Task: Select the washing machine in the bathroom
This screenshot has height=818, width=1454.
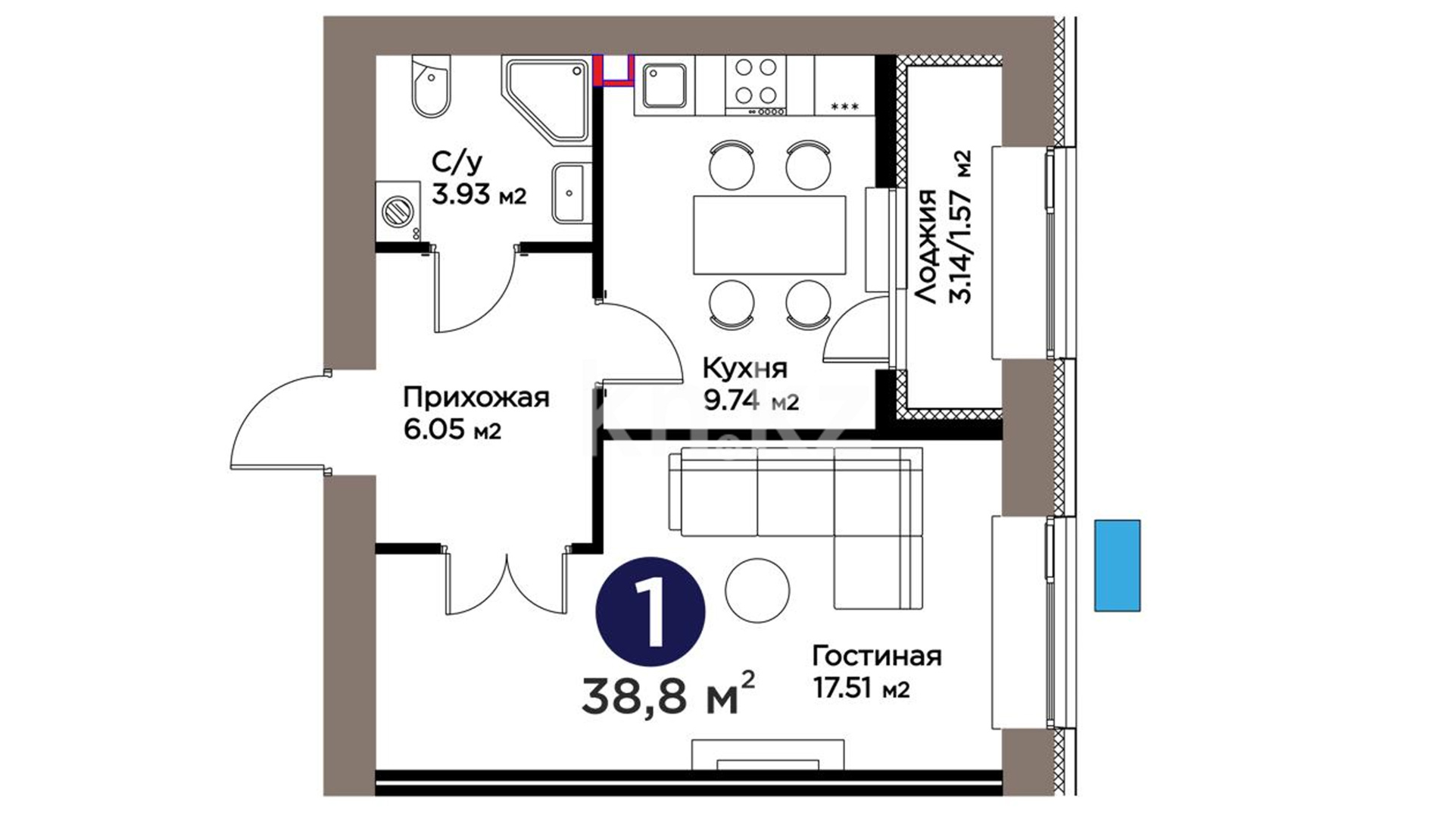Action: point(398,211)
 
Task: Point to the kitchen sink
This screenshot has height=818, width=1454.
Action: point(665,86)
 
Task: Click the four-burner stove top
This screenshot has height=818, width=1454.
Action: point(756,86)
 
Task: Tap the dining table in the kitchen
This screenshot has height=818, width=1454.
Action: point(769,235)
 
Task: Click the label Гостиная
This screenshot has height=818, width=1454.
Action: point(877,656)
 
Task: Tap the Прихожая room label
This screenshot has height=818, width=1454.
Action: point(476,398)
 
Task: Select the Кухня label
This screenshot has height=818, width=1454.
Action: point(745,369)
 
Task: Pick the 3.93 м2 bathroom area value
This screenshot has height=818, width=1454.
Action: point(479,195)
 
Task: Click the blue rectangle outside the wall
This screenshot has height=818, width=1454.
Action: point(1117,565)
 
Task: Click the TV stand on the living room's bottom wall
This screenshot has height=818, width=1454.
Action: point(768,755)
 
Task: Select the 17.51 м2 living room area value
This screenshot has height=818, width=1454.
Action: point(861,688)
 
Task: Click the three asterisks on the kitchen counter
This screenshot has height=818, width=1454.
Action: point(844,107)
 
